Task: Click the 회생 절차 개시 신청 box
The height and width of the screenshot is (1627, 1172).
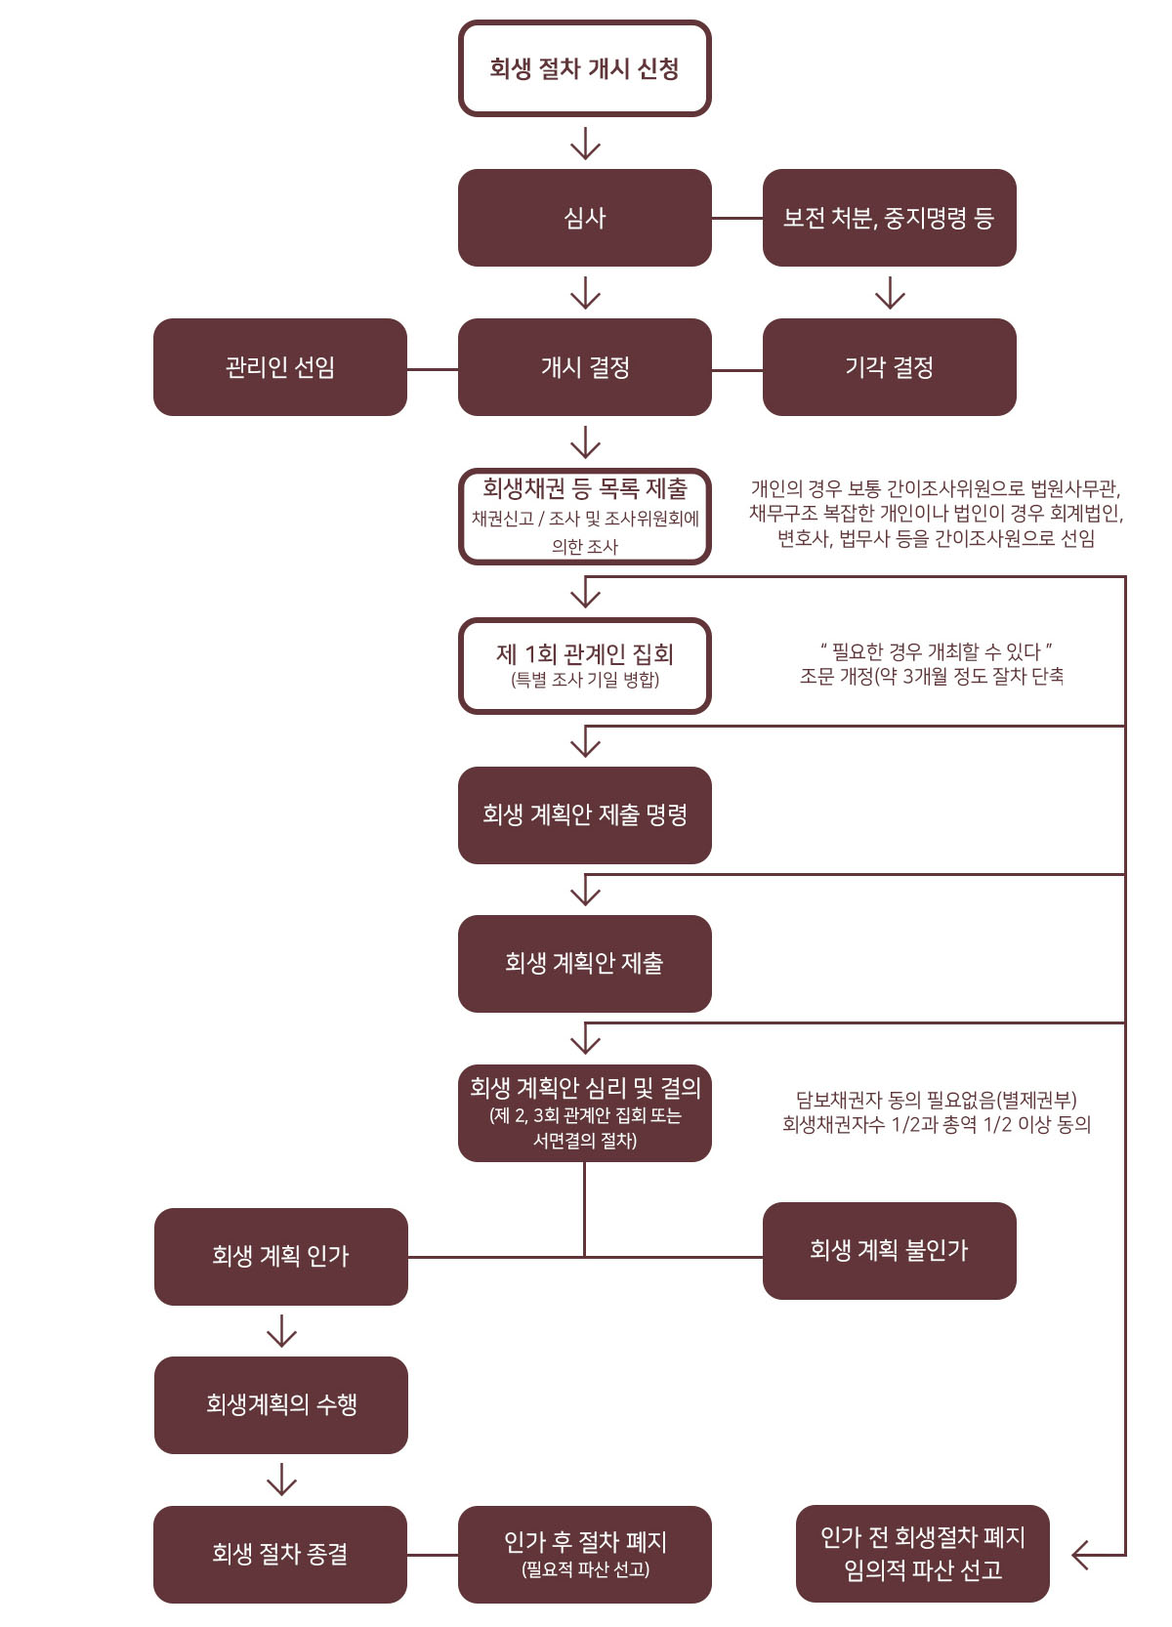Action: (584, 68)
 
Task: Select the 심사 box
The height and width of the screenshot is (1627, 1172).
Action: (584, 218)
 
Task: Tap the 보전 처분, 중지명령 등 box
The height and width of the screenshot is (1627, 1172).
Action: (889, 218)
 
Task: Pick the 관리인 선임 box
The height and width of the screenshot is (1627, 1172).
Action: (279, 367)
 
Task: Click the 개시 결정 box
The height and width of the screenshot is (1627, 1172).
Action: (584, 367)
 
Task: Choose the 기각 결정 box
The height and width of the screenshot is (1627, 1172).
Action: (889, 367)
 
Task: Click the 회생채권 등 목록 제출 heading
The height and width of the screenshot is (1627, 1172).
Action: (584, 488)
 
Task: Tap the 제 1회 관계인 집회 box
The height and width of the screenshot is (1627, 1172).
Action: (584, 665)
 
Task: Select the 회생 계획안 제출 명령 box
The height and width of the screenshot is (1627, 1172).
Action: (584, 814)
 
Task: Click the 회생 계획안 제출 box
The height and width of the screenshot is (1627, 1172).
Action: (584, 964)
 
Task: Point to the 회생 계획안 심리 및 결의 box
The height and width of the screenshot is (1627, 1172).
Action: (584, 1112)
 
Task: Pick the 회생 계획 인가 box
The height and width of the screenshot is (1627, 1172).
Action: (280, 1257)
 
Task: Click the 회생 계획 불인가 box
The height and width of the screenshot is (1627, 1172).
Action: (889, 1251)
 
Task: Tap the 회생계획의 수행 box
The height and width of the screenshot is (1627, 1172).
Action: (280, 1404)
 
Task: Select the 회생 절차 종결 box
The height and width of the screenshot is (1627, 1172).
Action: (279, 1555)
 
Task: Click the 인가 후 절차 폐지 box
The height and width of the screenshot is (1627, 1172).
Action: (584, 1555)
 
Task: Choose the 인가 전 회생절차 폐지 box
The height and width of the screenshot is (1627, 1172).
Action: (922, 1554)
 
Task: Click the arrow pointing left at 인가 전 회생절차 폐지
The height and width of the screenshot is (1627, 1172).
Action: (1099, 1555)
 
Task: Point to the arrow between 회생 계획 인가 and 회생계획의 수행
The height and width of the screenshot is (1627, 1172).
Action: (281, 1331)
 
